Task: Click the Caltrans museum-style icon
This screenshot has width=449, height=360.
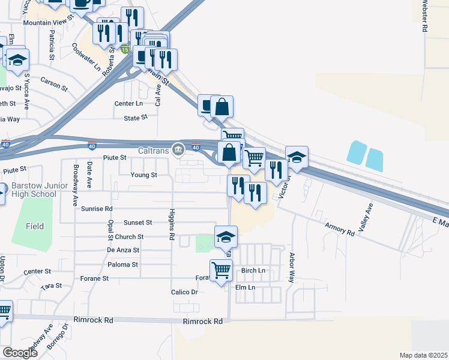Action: coord(178,149)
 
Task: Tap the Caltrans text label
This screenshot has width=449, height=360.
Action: coord(154,149)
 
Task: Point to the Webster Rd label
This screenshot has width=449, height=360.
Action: coord(424,16)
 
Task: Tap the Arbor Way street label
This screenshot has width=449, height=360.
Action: coord(292,268)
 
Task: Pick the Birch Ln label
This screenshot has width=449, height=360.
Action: coord(253,271)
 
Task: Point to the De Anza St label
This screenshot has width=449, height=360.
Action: coord(123,250)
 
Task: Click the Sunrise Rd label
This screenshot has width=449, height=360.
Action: coord(97,209)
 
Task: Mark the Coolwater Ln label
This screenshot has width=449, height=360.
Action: coord(86,57)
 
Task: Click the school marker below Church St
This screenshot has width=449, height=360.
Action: coord(226,237)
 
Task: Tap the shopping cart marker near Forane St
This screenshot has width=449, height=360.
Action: coord(221,271)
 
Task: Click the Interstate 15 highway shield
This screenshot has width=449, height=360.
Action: coord(125,49)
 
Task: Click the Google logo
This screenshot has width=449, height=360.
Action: coord(20,353)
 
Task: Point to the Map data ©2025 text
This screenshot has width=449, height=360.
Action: coord(424,355)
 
